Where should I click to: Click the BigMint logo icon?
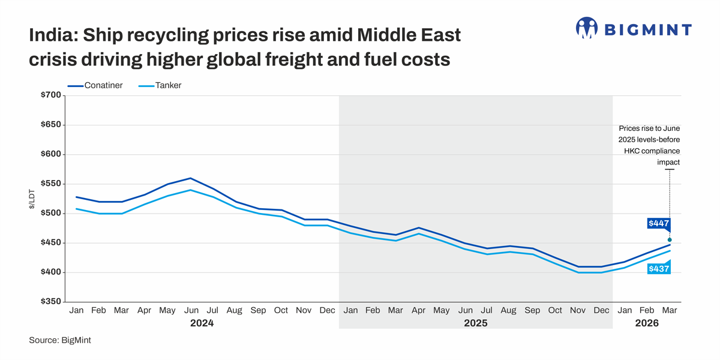[587, 28]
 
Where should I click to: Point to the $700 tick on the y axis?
[50, 95]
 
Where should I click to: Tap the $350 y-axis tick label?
[50, 302]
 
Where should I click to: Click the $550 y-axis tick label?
[50, 184]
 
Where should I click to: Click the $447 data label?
[658, 223]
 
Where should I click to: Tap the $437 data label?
[658, 269]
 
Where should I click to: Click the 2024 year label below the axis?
[202, 323]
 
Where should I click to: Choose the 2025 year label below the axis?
[475, 323]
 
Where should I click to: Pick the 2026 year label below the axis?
[647, 323]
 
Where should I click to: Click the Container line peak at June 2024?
[190, 178]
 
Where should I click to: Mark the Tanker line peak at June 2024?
[190, 190]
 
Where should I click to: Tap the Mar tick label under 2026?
[670, 310]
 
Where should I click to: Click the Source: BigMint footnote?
[59, 340]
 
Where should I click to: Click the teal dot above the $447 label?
[670, 240]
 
